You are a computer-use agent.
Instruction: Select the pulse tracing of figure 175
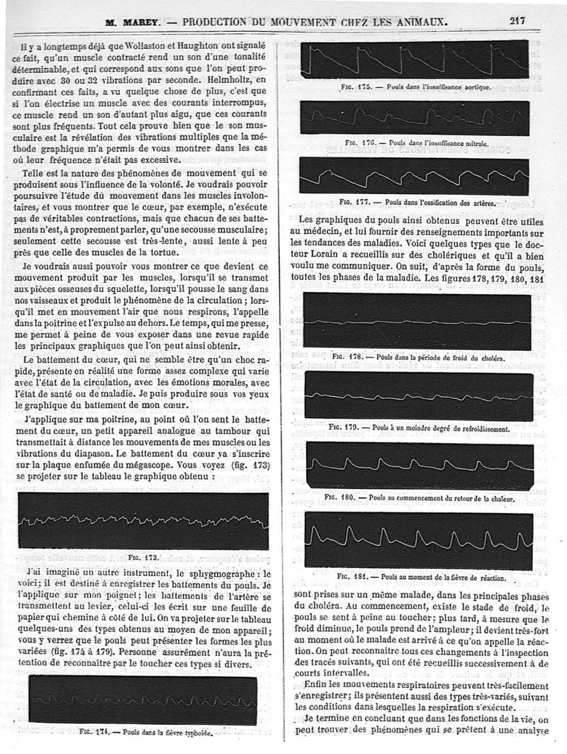coord(414,60)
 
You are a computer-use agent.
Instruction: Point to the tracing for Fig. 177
coord(414,174)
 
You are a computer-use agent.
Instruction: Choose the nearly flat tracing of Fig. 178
coord(417,322)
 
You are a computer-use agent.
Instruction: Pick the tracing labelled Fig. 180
coord(419,465)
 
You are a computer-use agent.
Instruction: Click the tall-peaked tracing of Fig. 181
coord(419,540)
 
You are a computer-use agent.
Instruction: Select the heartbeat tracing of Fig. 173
coord(143,522)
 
